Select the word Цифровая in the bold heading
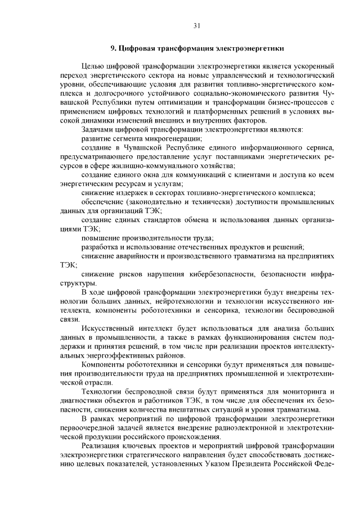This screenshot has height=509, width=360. coord(137,49)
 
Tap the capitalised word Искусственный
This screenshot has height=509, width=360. coord(109,329)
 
